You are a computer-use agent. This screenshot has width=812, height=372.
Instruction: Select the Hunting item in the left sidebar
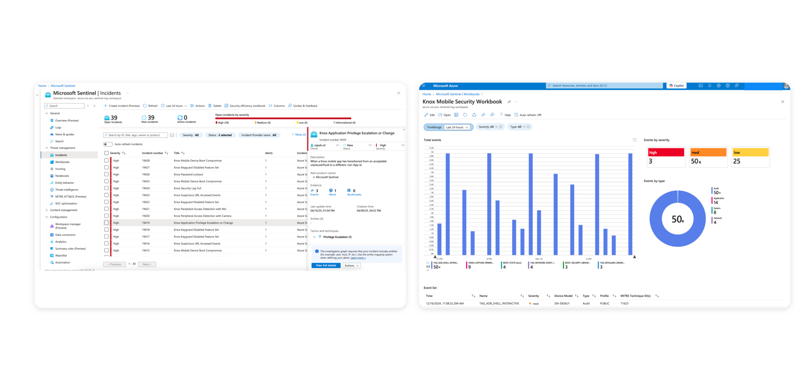point(60,169)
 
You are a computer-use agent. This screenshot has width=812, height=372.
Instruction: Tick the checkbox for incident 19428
point(106,161)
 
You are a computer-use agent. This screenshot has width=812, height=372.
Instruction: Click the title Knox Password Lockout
point(188,174)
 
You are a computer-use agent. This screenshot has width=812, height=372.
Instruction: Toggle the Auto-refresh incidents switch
point(108,144)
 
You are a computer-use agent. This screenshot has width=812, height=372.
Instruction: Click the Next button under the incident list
point(147,264)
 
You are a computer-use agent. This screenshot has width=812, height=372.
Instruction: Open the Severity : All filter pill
point(191,135)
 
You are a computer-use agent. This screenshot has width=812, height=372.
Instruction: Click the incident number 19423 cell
point(146,195)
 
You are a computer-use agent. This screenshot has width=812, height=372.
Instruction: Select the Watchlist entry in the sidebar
point(61,256)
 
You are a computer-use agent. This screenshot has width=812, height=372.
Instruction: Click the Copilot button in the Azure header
point(676,86)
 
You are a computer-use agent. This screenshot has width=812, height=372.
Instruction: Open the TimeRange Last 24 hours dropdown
point(457,127)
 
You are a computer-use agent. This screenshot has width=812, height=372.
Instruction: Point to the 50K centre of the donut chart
point(678,219)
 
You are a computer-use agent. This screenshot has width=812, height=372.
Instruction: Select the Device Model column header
point(564,296)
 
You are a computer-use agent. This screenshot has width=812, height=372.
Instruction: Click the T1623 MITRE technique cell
point(624,303)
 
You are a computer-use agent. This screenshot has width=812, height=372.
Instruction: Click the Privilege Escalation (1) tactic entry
point(337,237)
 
